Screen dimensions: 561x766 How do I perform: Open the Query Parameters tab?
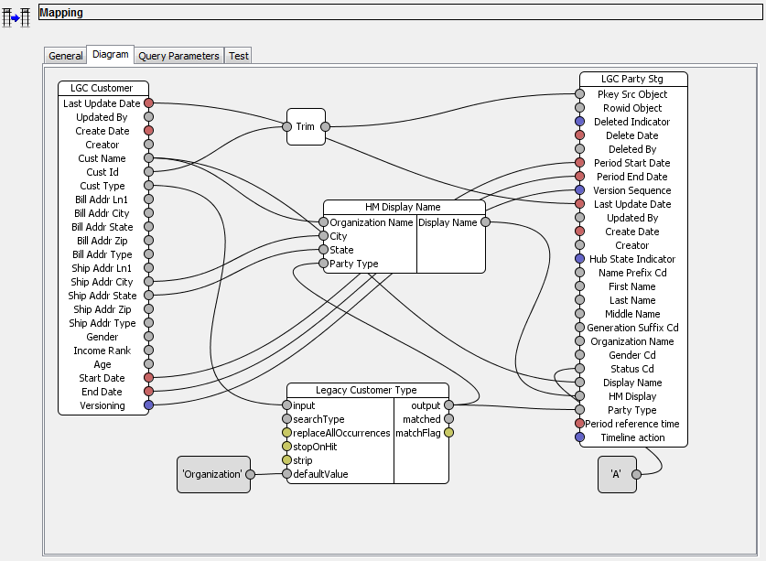point(178,56)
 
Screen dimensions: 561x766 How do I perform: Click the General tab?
point(66,56)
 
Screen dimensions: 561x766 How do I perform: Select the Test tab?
point(239,56)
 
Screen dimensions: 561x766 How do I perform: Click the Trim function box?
point(306,126)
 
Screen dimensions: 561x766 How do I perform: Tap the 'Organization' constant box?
point(213,474)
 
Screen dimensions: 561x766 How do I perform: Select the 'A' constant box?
point(617,474)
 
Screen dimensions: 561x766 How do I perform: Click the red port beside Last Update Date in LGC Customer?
point(149,103)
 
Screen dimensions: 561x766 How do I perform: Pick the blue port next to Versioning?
point(149,405)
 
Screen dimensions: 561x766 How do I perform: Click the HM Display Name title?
point(405,207)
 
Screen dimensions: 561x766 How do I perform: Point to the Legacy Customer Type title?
point(367,390)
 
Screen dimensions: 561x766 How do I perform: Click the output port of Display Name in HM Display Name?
point(485,222)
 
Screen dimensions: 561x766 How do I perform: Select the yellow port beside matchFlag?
point(448,433)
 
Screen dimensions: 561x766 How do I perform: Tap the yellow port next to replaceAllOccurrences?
point(286,433)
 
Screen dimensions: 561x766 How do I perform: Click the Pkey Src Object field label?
point(633,94)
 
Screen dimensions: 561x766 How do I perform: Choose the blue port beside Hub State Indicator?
point(579,259)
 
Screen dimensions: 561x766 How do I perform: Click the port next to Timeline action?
point(579,437)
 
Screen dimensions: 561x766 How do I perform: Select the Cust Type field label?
point(102,186)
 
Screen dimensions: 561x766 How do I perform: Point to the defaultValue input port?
point(286,474)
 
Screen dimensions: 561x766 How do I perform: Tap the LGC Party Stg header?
point(632,80)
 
